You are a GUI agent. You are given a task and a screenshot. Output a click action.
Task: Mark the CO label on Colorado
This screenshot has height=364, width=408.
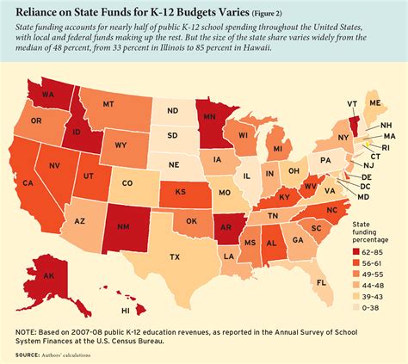tap(126, 182)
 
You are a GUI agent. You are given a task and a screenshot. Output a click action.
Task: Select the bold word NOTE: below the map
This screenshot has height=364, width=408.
tap(20, 330)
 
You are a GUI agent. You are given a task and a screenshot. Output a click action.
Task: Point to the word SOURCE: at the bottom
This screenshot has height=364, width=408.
tap(20, 355)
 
